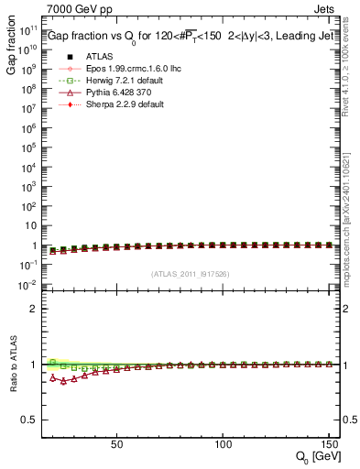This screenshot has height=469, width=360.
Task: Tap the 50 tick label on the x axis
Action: tap(116, 443)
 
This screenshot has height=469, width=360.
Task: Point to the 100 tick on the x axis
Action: tap(222, 443)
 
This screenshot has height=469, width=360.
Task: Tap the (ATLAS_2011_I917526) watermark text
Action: tap(190, 274)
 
